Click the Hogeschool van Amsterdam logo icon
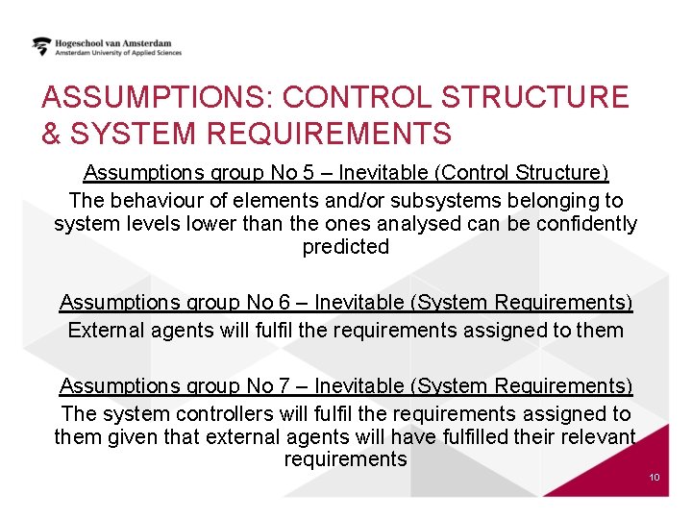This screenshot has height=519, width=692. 41,46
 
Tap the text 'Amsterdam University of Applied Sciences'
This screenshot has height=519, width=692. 118,54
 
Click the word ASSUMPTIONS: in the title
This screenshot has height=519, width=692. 158,97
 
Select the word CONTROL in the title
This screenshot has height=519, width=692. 356,97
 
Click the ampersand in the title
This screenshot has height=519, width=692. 50,133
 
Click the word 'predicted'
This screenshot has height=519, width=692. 346,247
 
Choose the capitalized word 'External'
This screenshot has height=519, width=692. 106,331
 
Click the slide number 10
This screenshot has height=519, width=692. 655,478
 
